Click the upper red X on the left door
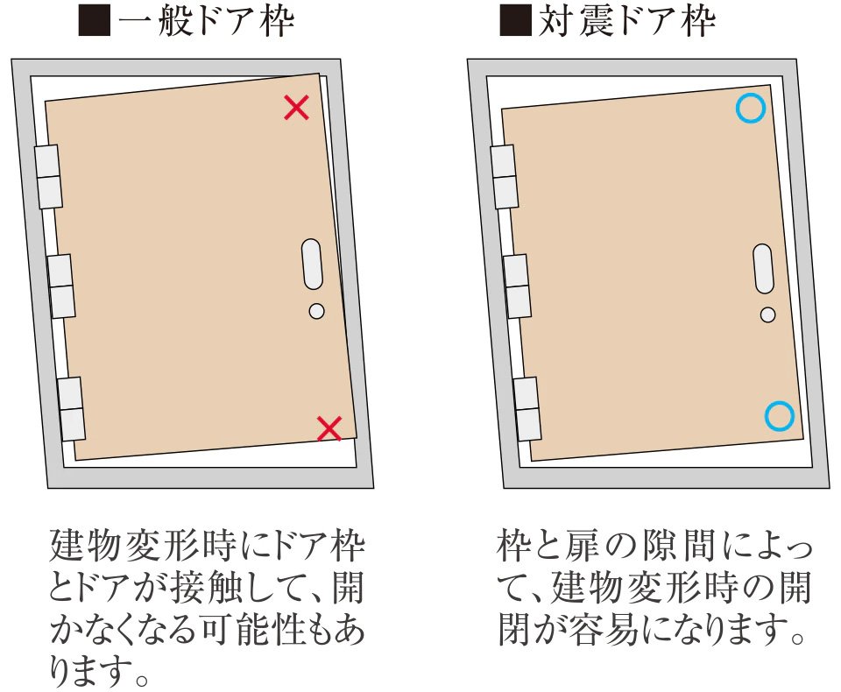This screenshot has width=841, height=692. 296,107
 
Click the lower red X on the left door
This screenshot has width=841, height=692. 329,428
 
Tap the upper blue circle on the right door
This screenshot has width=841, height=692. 751,108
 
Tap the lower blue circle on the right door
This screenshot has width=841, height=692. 779,416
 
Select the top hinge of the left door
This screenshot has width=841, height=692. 48,176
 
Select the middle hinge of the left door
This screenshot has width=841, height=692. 61,286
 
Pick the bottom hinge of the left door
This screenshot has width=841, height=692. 72,409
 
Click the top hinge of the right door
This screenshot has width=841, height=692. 505,176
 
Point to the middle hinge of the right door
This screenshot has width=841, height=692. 517,286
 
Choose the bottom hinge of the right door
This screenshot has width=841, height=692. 527,409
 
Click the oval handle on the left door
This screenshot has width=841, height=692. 312,265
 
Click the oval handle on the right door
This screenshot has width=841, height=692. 763,269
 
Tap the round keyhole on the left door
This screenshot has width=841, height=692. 317,311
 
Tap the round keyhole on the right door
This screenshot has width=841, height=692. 768,314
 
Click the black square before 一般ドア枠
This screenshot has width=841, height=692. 95,21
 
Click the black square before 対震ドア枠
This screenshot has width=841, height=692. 515,20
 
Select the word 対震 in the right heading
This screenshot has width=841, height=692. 576,21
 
